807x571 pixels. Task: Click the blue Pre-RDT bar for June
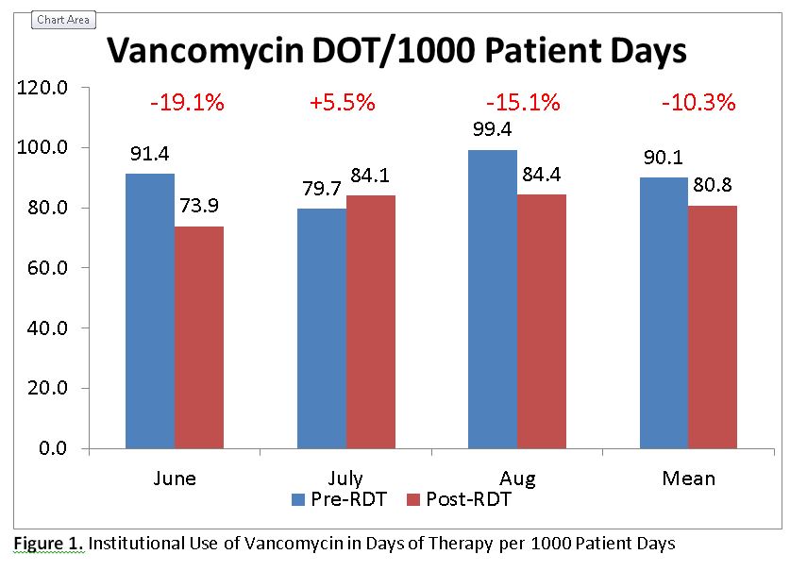pos(150,311)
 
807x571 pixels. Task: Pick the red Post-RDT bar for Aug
pos(542,321)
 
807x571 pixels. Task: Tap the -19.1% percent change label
pos(187,103)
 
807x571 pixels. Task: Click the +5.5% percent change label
pos(342,103)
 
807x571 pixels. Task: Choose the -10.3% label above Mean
pos(699,103)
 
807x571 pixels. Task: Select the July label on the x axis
pos(345,478)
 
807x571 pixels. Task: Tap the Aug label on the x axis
pos(517,478)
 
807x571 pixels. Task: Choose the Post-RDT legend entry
pos(458,499)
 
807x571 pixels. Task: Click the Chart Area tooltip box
pos(63,20)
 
